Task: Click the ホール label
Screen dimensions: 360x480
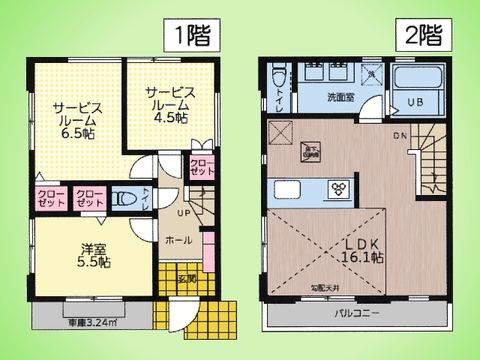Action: (179, 240)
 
